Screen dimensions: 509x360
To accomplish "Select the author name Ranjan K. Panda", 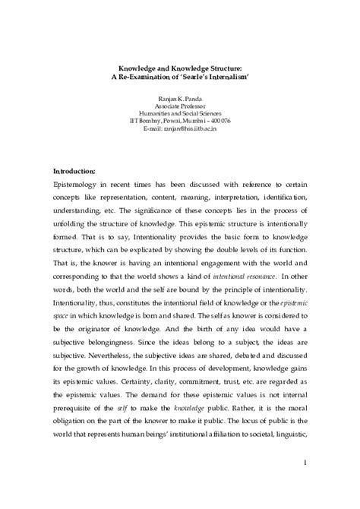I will tap(180, 91).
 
